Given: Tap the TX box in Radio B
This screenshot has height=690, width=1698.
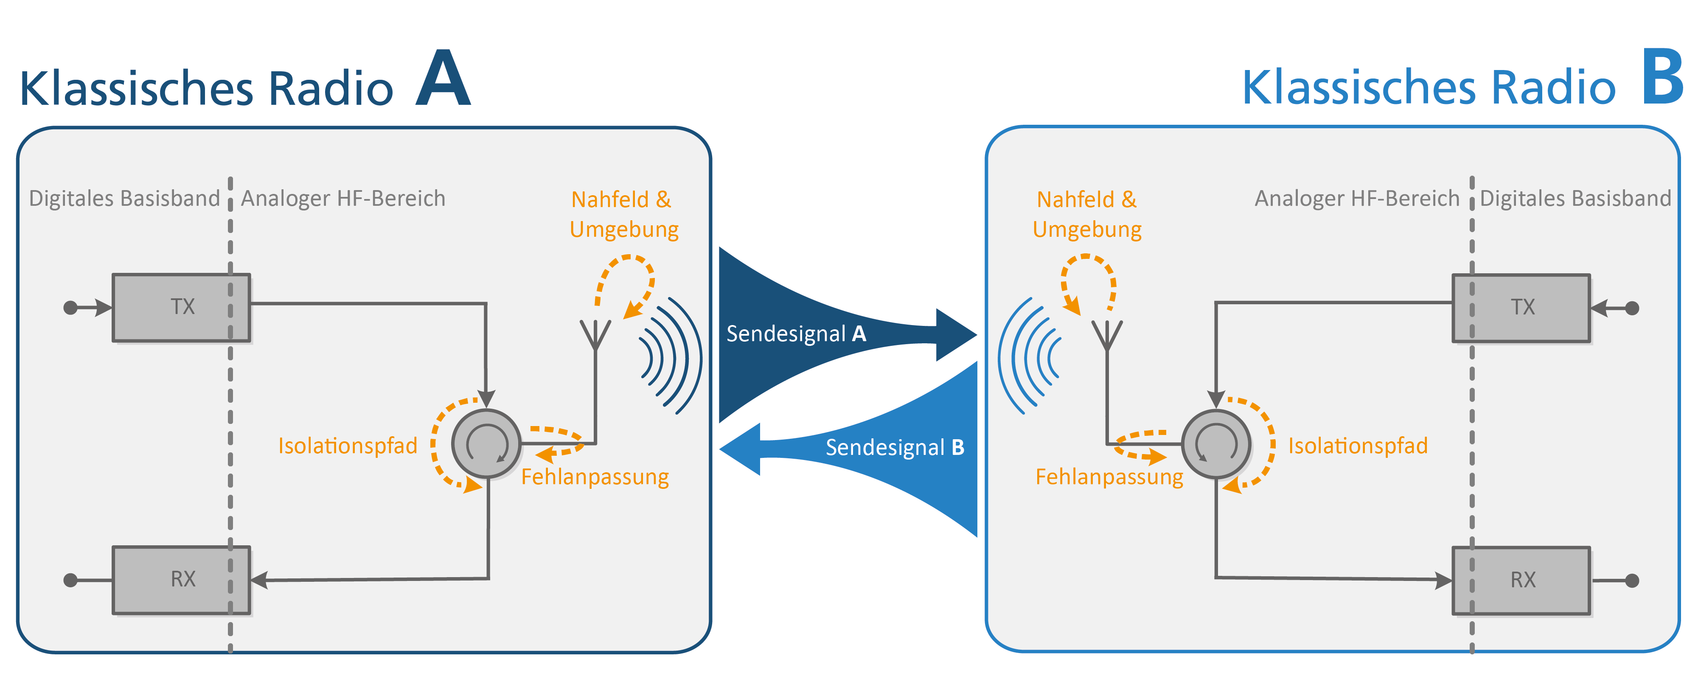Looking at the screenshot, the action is tap(1521, 308).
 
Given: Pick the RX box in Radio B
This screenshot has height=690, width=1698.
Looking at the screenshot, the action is tap(1521, 581).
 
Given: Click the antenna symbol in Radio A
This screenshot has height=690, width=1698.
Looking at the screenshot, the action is tap(595, 336).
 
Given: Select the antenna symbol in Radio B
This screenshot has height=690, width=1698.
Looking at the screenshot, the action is tap(1107, 336).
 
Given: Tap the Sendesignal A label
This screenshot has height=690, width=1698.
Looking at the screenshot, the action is tap(796, 334).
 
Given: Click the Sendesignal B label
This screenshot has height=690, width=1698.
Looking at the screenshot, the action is tap(895, 447).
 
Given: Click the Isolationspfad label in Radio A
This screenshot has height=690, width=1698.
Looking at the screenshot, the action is tap(348, 446).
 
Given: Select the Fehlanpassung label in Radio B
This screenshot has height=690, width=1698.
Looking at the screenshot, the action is tap(1109, 477).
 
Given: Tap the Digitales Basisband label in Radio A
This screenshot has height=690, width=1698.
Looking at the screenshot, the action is tap(124, 198).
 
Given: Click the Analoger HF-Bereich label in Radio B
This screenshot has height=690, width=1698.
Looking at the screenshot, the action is tap(1356, 198).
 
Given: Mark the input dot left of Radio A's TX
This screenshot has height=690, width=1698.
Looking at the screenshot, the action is tap(70, 308).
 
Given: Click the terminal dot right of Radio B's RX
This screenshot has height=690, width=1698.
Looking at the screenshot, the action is tap(1632, 581).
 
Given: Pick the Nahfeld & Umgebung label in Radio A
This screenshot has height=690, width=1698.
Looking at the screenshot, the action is tap(623, 214).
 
